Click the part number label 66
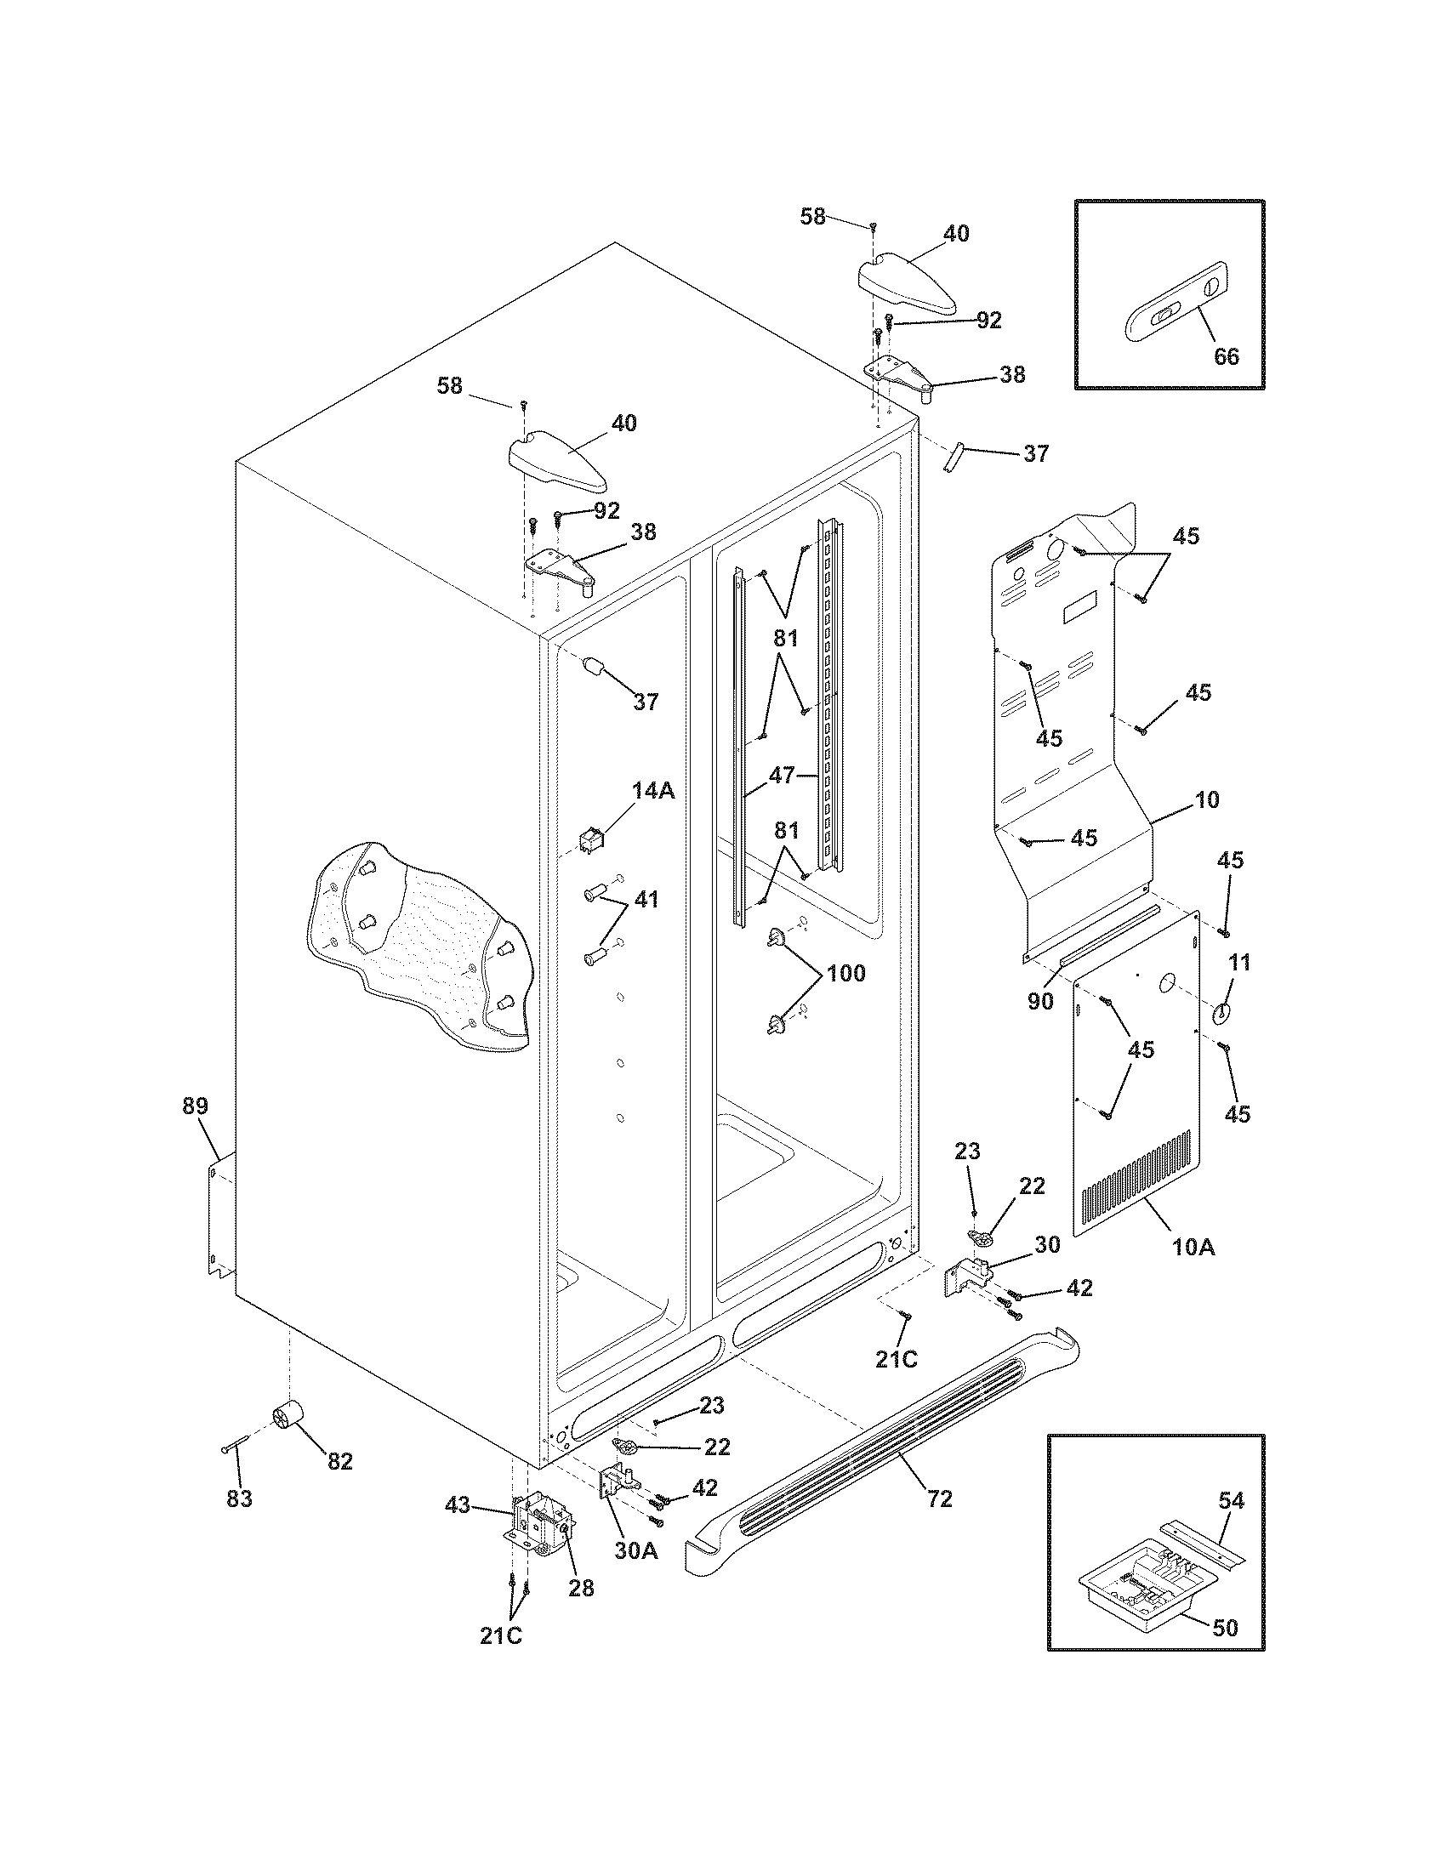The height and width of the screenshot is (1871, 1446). [1227, 355]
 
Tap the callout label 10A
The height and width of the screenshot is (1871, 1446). [1193, 1248]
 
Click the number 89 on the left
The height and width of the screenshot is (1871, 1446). [195, 1106]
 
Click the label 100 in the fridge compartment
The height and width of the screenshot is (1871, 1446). [845, 973]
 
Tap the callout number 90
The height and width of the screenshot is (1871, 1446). [1040, 1001]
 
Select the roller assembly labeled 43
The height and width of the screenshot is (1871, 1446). [538, 1530]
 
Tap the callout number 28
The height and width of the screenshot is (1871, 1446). [581, 1588]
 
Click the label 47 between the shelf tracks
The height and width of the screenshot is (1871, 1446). [781, 776]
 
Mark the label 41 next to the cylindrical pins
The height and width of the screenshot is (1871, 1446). [646, 900]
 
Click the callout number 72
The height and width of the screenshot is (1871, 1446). [940, 1499]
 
